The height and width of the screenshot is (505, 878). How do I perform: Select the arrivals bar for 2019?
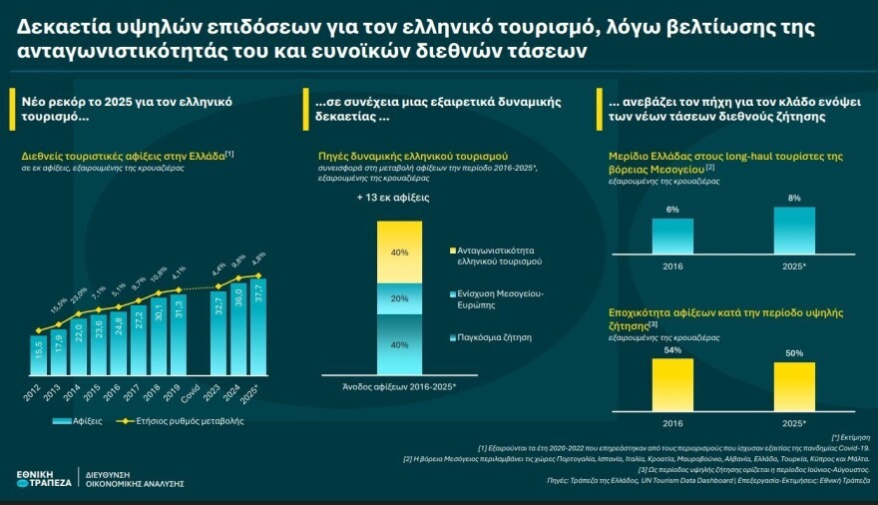(178, 334)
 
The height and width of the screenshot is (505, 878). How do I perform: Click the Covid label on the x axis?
(198, 391)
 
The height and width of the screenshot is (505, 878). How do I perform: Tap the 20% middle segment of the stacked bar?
(399, 298)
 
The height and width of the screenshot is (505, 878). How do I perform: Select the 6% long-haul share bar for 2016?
(672, 236)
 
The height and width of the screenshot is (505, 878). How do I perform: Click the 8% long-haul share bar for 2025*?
(793, 231)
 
